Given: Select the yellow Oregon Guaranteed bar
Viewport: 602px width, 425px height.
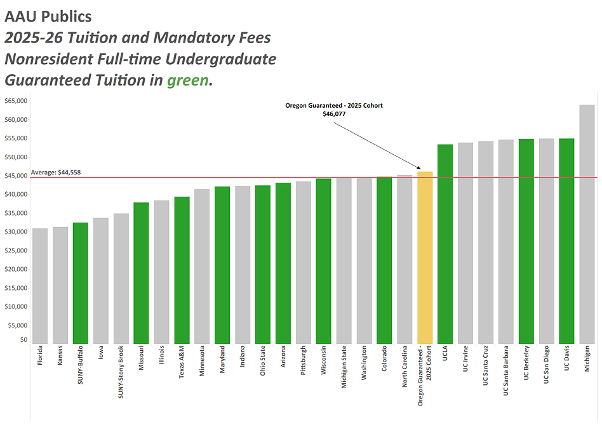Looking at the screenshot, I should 425,258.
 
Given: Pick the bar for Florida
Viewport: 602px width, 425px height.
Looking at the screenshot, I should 40,286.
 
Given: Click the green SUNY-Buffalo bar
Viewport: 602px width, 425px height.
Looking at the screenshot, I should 81,283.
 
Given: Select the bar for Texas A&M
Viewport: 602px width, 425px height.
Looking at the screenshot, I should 182,270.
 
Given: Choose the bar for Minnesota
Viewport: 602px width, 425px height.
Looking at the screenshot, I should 202,266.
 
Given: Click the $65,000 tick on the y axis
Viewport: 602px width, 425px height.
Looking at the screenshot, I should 15,101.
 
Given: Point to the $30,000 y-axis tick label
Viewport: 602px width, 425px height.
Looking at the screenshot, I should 15,232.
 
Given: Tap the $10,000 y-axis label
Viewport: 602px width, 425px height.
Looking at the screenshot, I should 15,306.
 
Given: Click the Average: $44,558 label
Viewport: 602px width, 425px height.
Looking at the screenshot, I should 56,173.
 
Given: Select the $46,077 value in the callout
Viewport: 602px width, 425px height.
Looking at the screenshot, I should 333,114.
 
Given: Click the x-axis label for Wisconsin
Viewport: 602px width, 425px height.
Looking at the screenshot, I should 324,360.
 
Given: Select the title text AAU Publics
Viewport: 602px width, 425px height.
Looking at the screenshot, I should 48,16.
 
